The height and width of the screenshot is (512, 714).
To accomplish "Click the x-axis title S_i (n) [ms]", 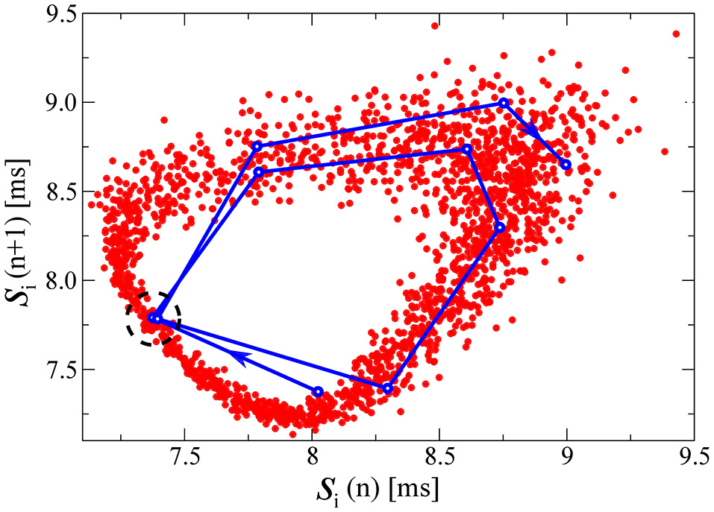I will point(387,489).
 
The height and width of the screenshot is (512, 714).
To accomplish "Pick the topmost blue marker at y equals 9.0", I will point(504,103).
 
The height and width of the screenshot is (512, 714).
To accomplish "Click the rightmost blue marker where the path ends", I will point(566,164).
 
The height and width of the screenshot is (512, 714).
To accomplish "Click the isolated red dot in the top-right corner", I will point(676,34).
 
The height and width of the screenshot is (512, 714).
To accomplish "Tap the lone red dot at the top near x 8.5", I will point(435,26).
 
